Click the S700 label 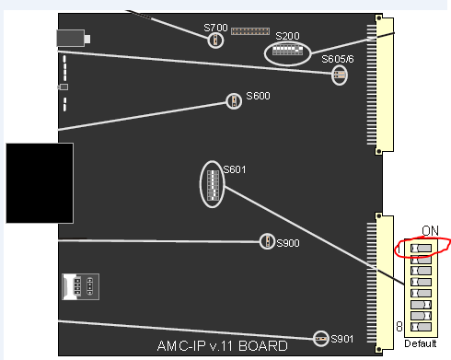[214, 28]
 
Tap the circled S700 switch [216, 41]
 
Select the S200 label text [286, 36]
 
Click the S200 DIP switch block [287, 52]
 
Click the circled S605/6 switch [340, 75]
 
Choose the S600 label [257, 96]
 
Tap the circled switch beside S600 [234, 100]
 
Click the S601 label [235, 170]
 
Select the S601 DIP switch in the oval [212, 184]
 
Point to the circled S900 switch [266, 241]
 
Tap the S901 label [341, 339]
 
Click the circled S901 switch [321, 339]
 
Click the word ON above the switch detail [429, 230]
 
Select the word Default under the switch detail [421, 344]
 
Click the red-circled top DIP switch [421, 248]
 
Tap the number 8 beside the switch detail [398, 326]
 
